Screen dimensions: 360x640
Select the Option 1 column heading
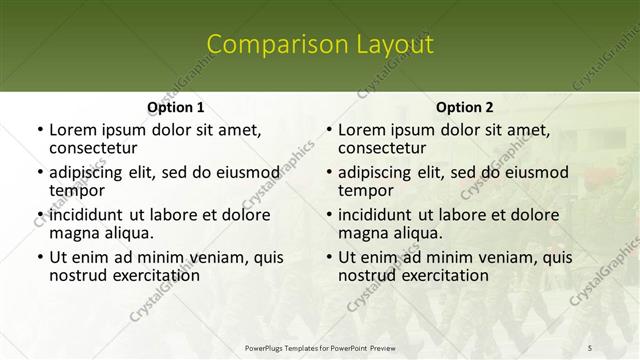click(x=175, y=107)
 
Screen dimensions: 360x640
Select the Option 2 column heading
click(x=464, y=107)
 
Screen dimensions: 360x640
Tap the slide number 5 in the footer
click(x=590, y=347)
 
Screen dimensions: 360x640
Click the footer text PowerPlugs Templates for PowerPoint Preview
click(x=319, y=347)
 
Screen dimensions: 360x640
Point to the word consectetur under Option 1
click(x=93, y=149)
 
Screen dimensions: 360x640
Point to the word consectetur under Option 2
click(x=382, y=149)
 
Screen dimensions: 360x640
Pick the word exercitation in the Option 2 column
click(x=441, y=275)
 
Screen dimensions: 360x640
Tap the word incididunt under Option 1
click(x=87, y=214)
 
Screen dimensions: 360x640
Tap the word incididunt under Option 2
click(x=376, y=214)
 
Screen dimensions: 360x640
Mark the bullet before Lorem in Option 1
click(x=39, y=130)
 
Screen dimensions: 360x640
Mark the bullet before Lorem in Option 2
click(x=328, y=130)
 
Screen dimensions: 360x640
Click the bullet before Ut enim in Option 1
click(x=39, y=257)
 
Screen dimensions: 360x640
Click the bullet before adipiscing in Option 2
click(x=328, y=172)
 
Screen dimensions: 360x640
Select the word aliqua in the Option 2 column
click(x=419, y=233)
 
